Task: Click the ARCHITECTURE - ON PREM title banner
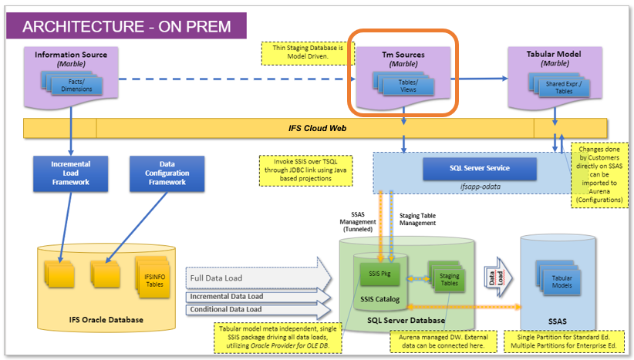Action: point(126,26)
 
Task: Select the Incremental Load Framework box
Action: point(70,174)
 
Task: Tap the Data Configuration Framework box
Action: point(167,174)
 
